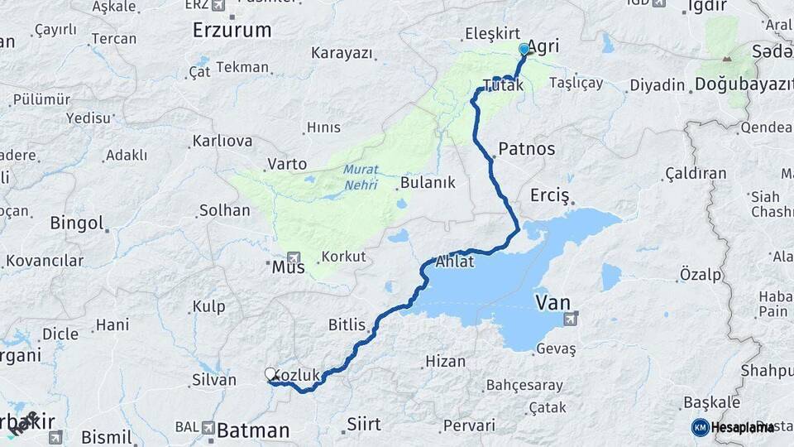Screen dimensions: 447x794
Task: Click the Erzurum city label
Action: click(x=232, y=31)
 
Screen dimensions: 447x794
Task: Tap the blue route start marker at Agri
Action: click(x=524, y=50)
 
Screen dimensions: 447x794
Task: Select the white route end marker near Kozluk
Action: click(x=270, y=374)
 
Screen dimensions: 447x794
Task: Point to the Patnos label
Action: click(x=527, y=150)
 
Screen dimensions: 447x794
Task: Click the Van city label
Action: click(x=552, y=302)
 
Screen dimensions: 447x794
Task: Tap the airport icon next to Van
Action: click(x=570, y=318)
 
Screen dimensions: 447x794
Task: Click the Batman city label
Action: click(x=252, y=430)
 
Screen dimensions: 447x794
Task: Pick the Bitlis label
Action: click(x=347, y=324)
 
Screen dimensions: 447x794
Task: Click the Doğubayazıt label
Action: click(x=738, y=84)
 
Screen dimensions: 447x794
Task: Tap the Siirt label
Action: click(x=364, y=424)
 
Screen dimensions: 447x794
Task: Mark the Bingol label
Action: click(x=77, y=223)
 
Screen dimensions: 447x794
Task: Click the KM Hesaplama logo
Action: click(x=733, y=427)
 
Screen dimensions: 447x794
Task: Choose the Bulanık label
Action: click(x=428, y=183)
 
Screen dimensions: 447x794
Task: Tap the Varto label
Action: click(x=287, y=164)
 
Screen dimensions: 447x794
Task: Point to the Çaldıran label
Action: click(x=696, y=174)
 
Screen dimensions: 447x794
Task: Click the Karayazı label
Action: click(x=342, y=53)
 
